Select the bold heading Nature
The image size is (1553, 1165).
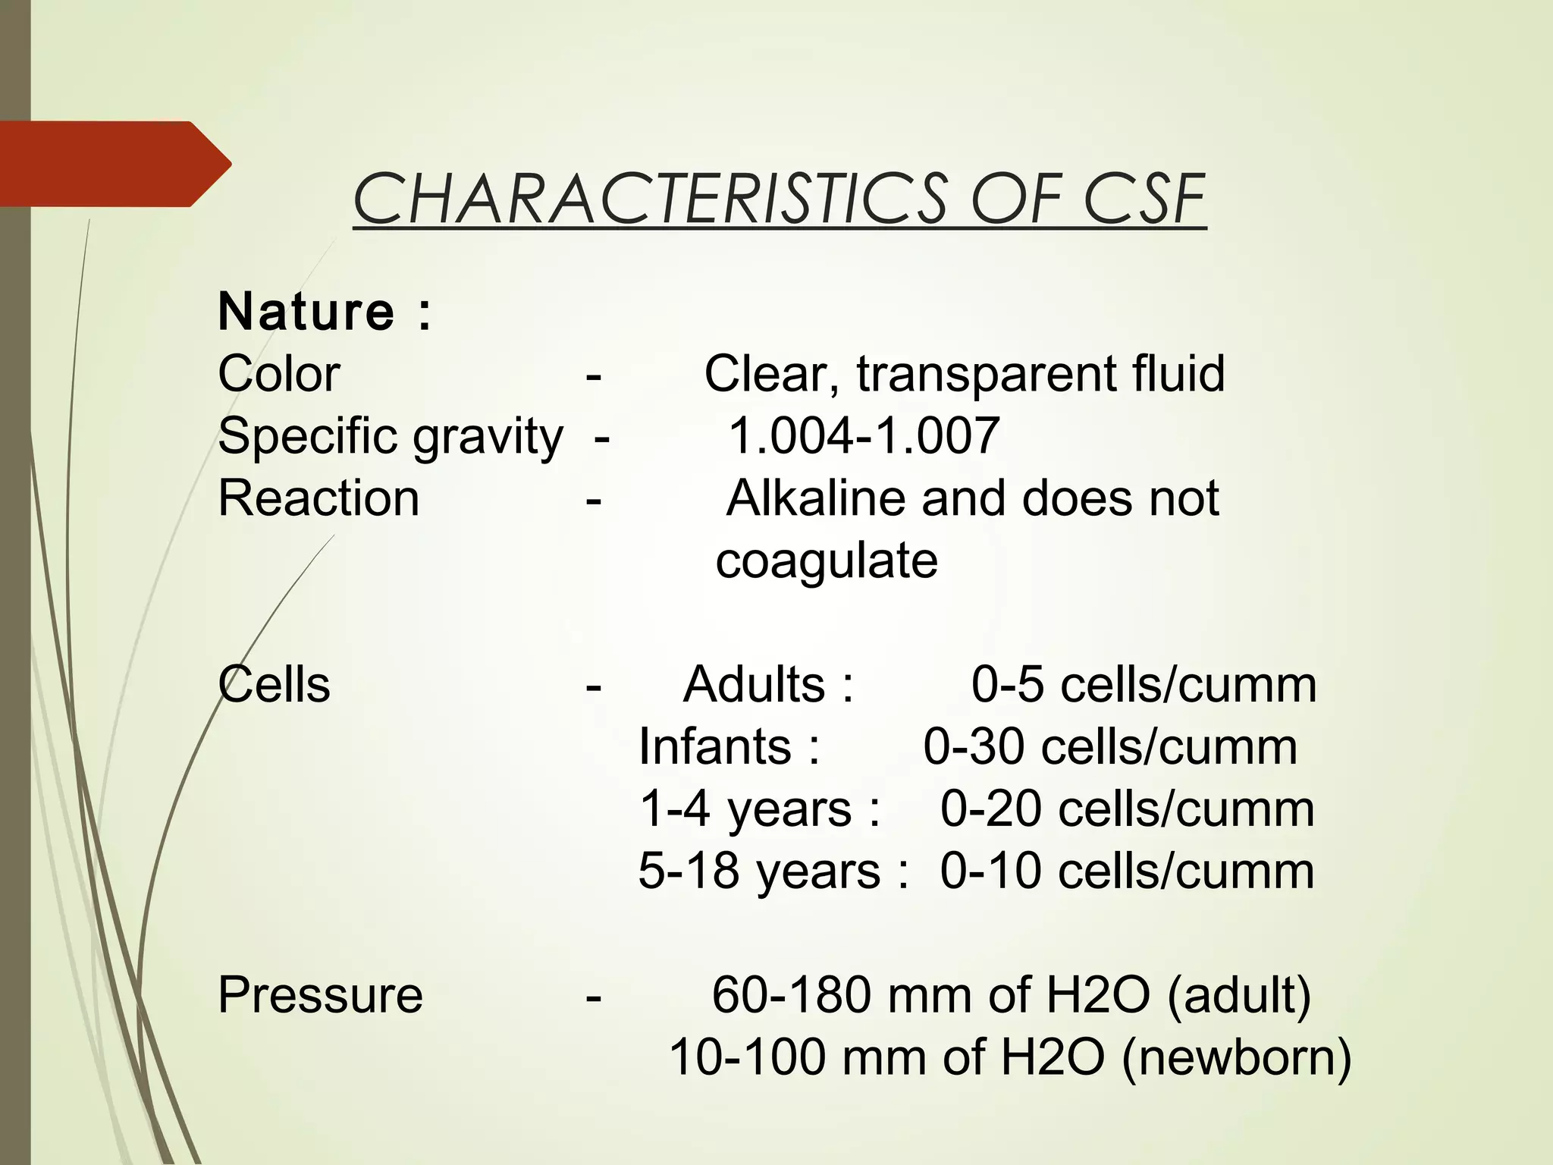(306, 312)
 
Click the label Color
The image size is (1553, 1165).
(279, 374)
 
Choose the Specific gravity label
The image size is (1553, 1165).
(391, 437)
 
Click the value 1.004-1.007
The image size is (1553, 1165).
(864, 436)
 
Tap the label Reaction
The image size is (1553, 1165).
(318, 499)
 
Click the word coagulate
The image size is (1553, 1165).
(827, 561)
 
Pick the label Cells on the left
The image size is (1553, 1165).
(275, 685)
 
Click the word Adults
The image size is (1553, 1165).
(754, 685)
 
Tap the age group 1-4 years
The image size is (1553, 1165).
(746, 809)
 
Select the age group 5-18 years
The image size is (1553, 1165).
(759, 871)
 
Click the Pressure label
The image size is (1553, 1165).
(320, 995)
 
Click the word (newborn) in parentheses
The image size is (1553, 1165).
(1236, 1057)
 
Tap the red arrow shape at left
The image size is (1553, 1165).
(114, 164)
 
